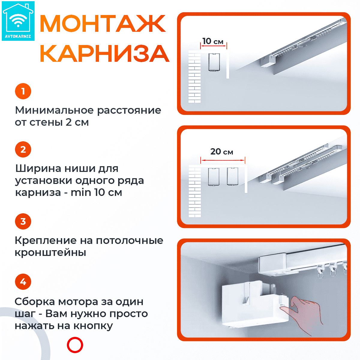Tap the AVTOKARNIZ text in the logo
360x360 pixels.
click(x=18, y=36)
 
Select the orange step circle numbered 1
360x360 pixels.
click(x=23, y=91)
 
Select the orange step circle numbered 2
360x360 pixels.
click(x=23, y=149)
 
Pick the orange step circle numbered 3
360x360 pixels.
click(x=23, y=221)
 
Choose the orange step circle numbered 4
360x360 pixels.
click(x=23, y=282)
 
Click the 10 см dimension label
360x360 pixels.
click(x=213, y=41)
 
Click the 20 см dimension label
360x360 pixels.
click(x=222, y=151)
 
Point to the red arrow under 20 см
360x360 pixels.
click(x=223, y=160)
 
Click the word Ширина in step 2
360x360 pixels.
click(x=38, y=169)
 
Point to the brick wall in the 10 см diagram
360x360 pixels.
click(x=194, y=76)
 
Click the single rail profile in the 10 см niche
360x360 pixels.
click(x=214, y=62)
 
